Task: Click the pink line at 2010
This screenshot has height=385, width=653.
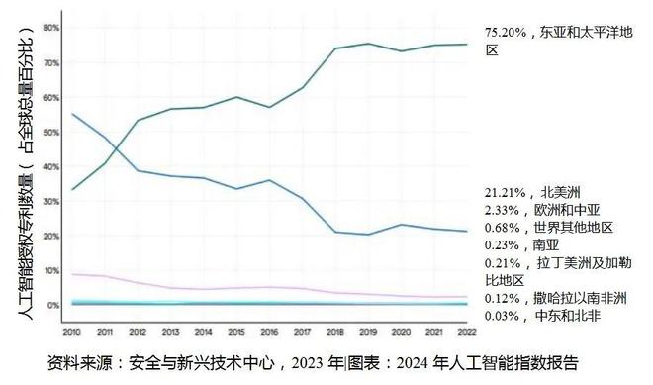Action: (73, 274)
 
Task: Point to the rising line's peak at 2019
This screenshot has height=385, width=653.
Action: (367, 44)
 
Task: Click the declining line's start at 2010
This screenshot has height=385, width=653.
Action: (73, 114)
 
